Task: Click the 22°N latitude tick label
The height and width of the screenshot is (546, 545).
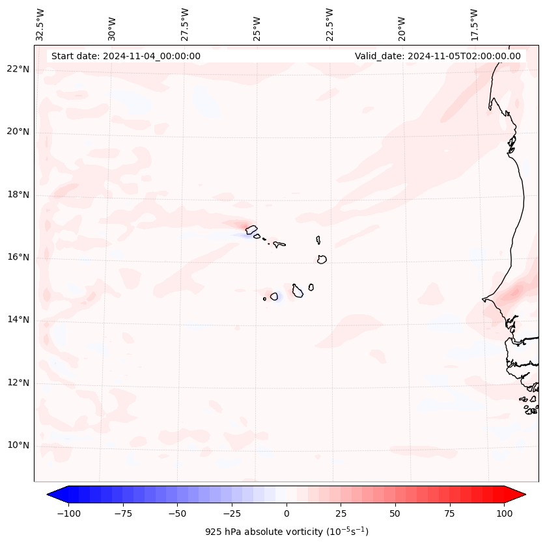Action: tap(18, 69)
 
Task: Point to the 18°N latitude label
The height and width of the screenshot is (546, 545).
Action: tap(18, 195)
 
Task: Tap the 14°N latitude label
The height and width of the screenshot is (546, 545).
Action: tap(18, 320)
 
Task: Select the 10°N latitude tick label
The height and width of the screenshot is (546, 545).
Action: tap(18, 445)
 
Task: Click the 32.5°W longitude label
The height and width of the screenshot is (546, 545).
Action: tap(40, 25)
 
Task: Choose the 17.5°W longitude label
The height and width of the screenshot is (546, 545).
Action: tap(474, 25)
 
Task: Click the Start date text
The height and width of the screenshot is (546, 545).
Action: tap(126, 56)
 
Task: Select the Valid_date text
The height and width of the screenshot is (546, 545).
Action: tap(438, 56)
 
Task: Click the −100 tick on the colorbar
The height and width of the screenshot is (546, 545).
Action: tap(68, 513)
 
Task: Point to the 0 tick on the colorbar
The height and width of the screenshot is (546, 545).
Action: tap(286, 513)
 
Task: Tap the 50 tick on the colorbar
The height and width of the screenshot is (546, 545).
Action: tap(395, 513)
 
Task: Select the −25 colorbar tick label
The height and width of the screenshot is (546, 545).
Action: tap(232, 513)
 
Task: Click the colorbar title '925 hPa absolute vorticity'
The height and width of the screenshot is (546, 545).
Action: tap(286, 532)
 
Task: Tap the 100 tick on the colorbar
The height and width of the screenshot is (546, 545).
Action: tap(504, 513)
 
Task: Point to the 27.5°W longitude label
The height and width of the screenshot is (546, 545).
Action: tap(185, 25)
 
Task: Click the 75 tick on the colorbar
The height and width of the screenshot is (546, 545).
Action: tap(450, 513)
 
